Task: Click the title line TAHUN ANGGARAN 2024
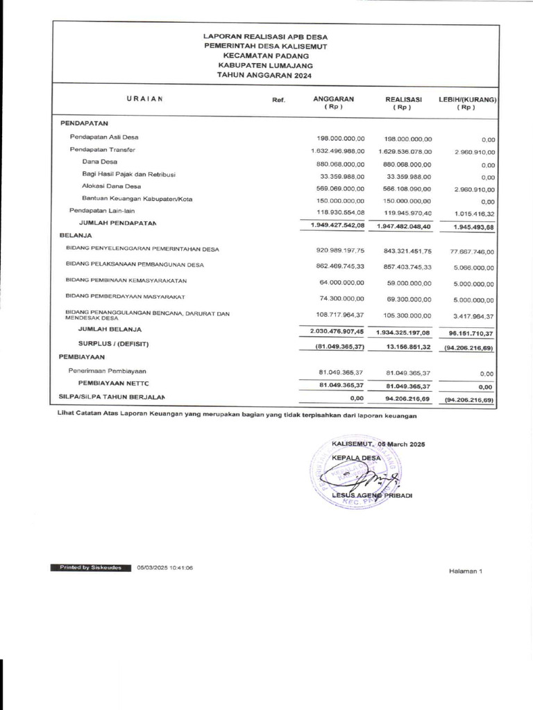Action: pos(264,74)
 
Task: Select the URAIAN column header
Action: pos(144,99)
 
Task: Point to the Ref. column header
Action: pos(278,101)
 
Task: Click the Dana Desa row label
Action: pos(99,162)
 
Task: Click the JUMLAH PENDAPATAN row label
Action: pos(117,223)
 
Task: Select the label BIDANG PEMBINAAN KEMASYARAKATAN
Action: pos(126,281)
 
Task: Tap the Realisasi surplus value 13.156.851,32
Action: pos(404,346)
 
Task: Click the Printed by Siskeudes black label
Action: pos(90,567)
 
